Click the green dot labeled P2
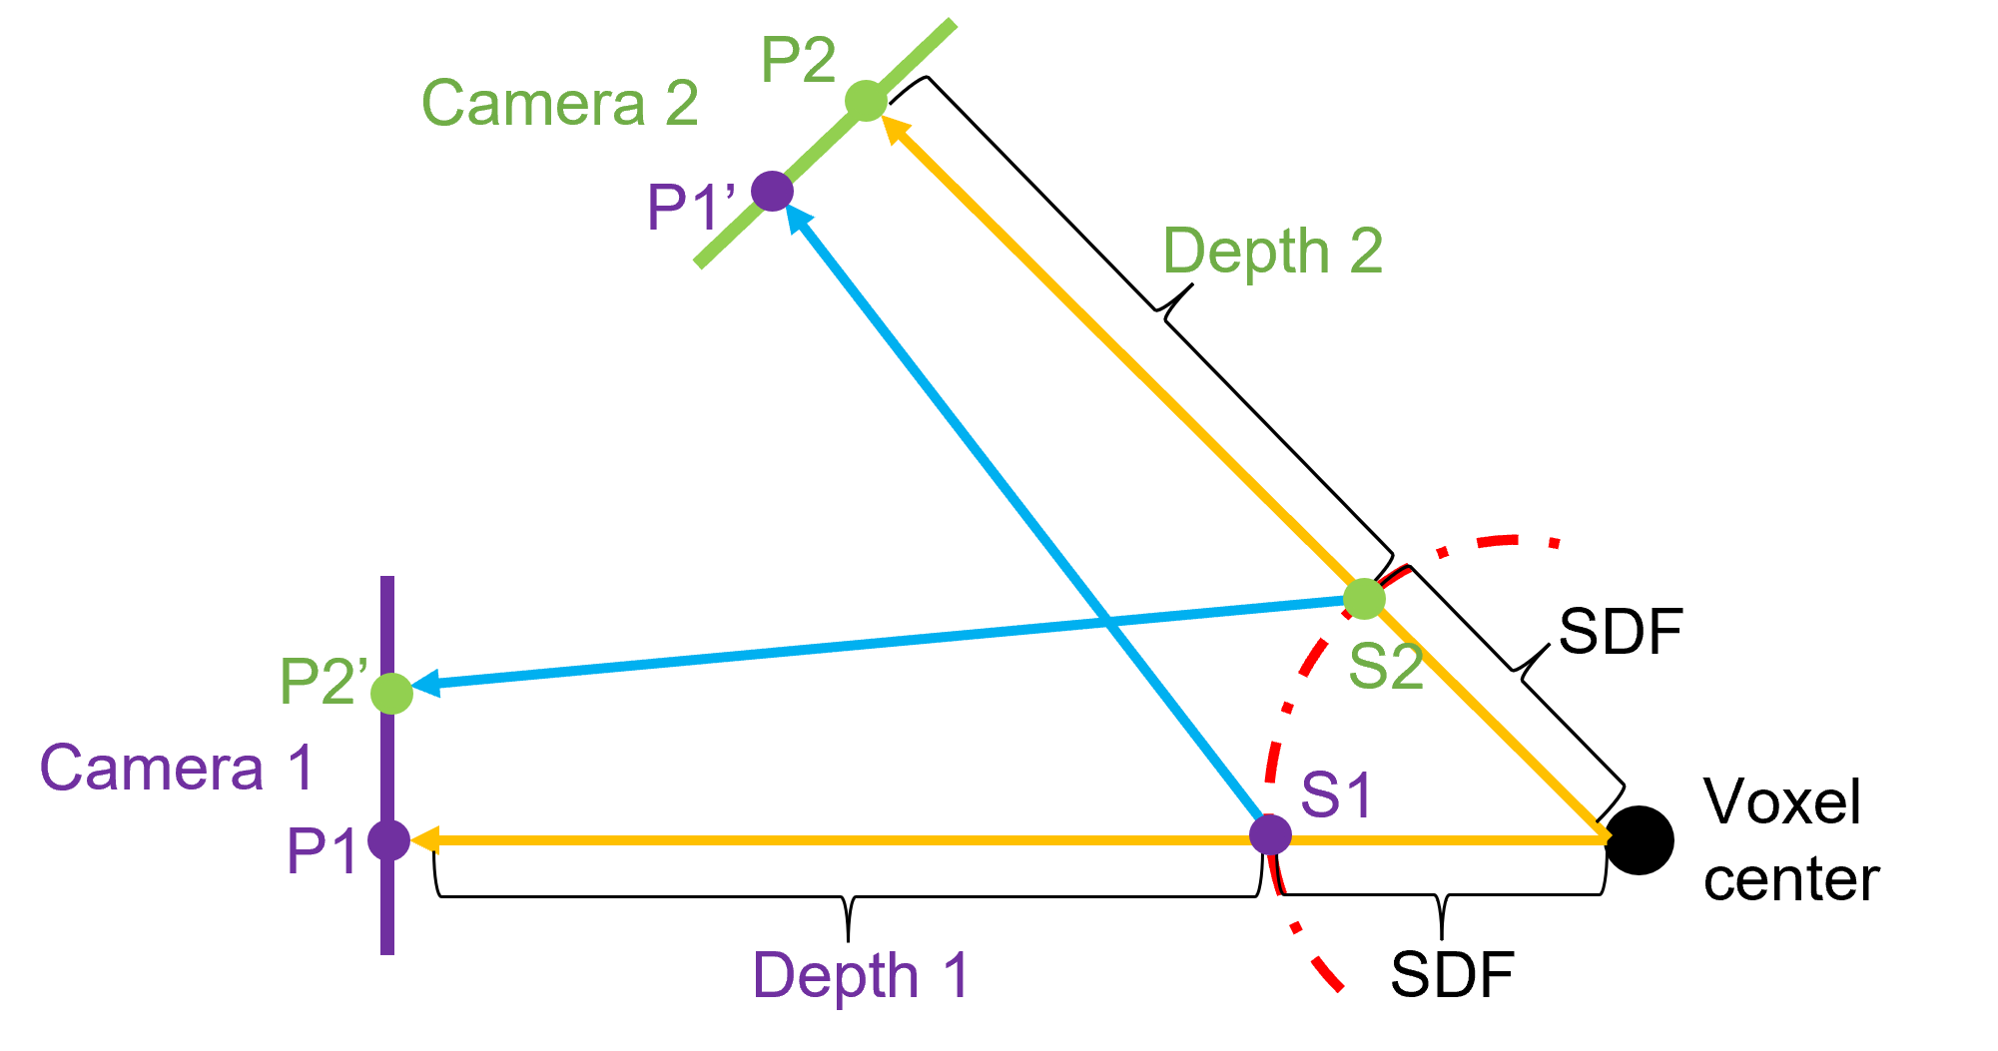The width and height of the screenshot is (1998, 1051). [866, 101]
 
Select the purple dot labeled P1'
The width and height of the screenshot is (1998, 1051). [772, 191]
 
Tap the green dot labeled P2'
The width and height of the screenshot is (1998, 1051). [391, 693]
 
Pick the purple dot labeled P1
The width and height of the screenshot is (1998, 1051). [388, 840]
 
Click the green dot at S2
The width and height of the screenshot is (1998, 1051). [1364, 599]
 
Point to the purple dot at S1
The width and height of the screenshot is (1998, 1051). [1271, 834]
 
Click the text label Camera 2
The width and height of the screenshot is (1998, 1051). [559, 103]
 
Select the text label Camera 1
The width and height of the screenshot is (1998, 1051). [176, 768]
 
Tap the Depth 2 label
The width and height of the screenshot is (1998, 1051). [1273, 251]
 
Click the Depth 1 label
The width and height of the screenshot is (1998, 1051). [861, 975]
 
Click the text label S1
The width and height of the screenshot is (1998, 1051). [1336, 795]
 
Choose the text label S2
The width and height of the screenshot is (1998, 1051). [1385, 667]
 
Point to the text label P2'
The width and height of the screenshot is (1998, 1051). [324, 682]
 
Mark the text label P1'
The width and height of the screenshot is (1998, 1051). [691, 208]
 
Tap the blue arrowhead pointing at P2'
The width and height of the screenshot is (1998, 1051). [424, 685]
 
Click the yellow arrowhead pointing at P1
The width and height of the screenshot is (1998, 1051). [423, 841]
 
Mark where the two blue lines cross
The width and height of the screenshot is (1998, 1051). [1105, 624]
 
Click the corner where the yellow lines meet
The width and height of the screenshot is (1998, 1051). [1605, 837]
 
